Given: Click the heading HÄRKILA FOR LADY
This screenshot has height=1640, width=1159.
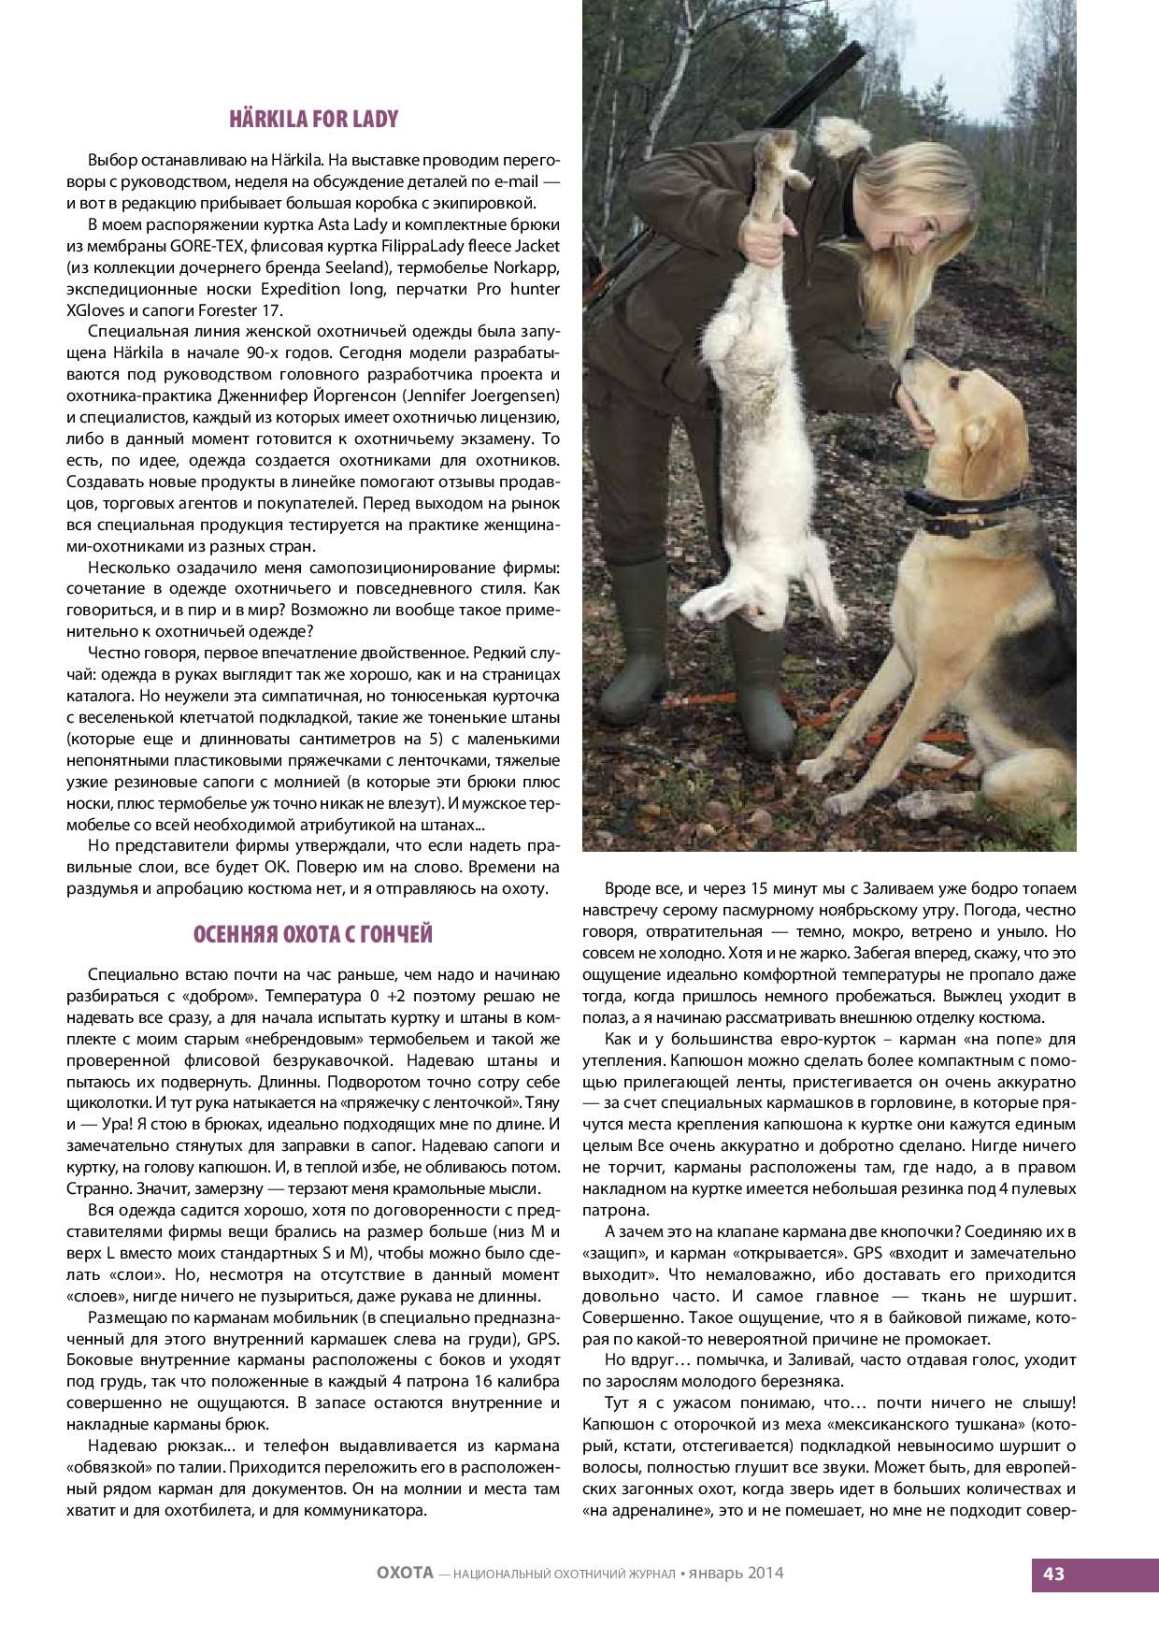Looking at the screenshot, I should coord(313,120).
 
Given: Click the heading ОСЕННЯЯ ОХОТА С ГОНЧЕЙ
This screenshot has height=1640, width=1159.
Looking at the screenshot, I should coord(313,934).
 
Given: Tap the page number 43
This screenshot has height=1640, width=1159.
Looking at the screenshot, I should coord(1053,1573).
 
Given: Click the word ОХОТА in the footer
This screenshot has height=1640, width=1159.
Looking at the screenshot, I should coord(398,1573).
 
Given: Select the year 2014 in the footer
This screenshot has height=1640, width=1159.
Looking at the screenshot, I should coord(766,1573).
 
